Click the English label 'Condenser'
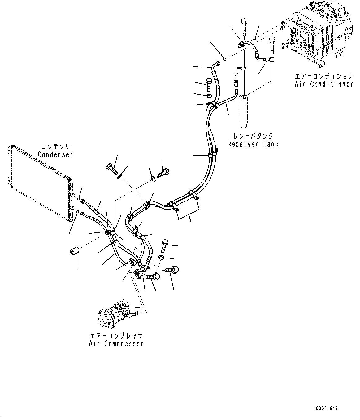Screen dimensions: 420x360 point(55,154)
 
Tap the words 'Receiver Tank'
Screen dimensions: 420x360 point(253,144)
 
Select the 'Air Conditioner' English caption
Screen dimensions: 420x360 point(323,84)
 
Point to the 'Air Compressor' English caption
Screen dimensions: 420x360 point(116,344)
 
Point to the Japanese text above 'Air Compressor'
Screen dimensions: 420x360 point(116,336)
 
